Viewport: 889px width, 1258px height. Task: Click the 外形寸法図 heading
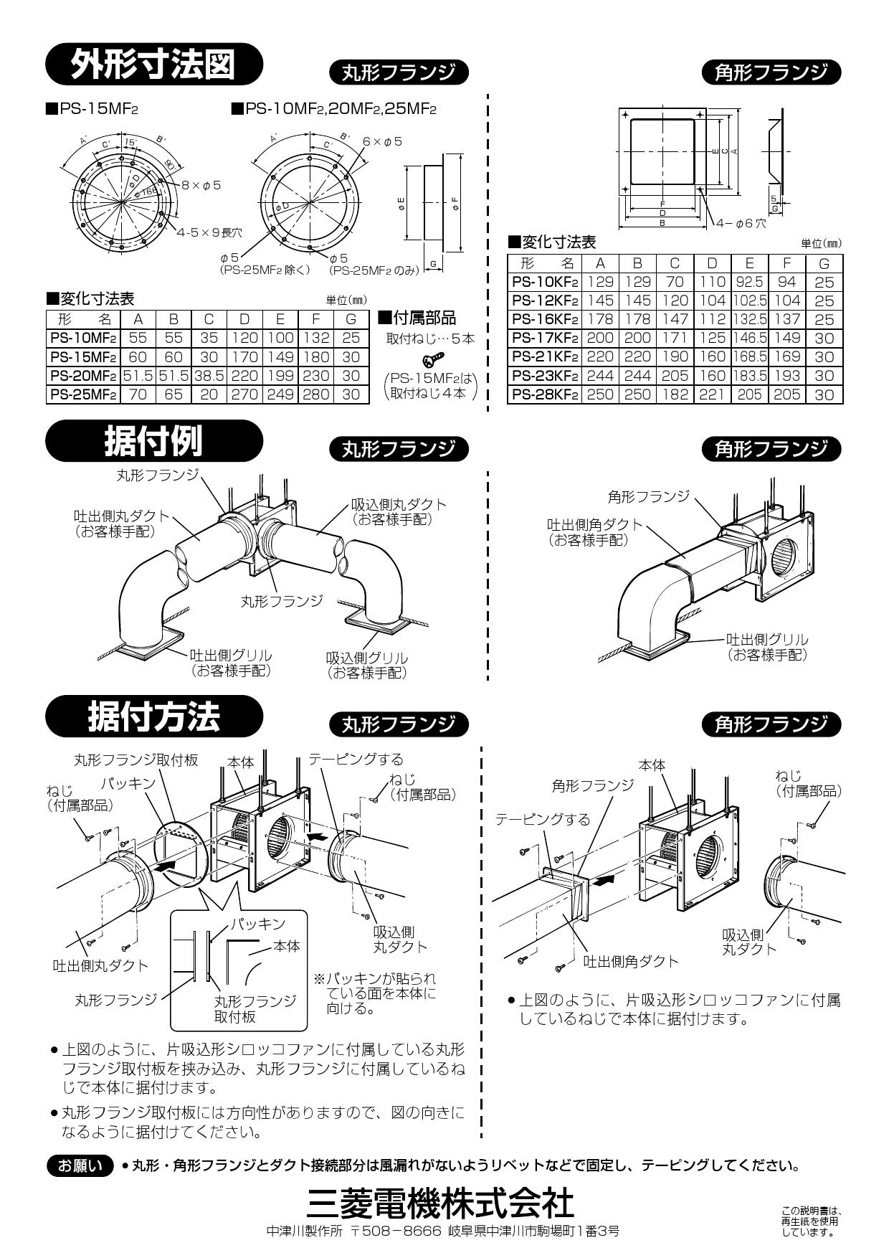click(x=153, y=65)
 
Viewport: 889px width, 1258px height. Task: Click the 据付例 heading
click(x=153, y=440)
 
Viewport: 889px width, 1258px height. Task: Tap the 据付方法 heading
click(x=153, y=716)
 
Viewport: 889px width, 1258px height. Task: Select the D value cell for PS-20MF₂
click(x=244, y=375)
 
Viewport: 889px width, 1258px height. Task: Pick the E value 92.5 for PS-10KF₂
click(x=749, y=282)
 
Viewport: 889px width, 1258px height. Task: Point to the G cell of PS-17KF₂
click(x=824, y=338)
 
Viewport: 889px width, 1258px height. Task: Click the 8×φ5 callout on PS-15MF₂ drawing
click(x=201, y=185)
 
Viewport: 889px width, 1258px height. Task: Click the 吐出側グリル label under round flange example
click(x=231, y=656)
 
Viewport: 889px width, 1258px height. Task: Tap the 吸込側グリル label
click(x=367, y=658)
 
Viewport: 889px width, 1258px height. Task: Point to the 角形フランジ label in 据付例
click(x=647, y=496)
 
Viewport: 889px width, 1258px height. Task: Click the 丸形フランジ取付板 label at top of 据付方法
click(x=136, y=760)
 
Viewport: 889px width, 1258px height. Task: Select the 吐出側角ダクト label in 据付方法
click(x=630, y=961)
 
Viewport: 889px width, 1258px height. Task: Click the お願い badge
click(x=80, y=1165)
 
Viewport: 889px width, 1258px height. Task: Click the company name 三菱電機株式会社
click(x=439, y=1203)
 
